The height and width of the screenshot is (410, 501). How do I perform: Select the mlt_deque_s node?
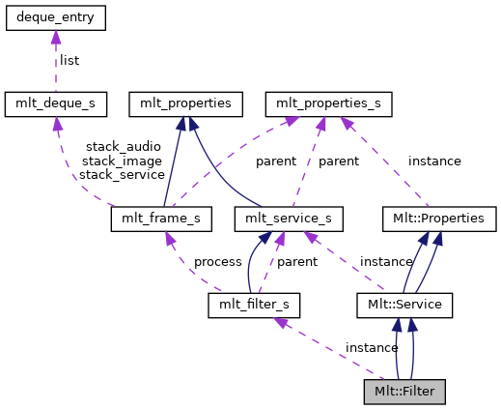click(x=55, y=102)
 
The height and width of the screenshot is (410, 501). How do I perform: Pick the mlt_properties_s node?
click(x=327, y=102)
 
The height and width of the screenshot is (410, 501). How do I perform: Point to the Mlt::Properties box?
click(x=439, y=219)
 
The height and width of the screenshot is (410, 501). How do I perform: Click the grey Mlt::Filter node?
click(x=404, y=393)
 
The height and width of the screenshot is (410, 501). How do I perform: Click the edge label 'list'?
click(x=70, y=60)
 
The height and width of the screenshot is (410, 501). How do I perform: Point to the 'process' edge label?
click(x=217, y=262)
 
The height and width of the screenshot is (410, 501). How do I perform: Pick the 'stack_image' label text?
click(x=116, y=161)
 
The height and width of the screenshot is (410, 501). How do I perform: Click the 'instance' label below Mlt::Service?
click(x=372, y=347)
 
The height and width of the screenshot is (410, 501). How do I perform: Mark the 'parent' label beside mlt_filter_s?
click(x=297, y=262)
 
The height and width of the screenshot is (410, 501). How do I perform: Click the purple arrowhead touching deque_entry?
click(x=55, y=36)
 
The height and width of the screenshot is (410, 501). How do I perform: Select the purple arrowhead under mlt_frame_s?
click(x=171, y=238)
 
